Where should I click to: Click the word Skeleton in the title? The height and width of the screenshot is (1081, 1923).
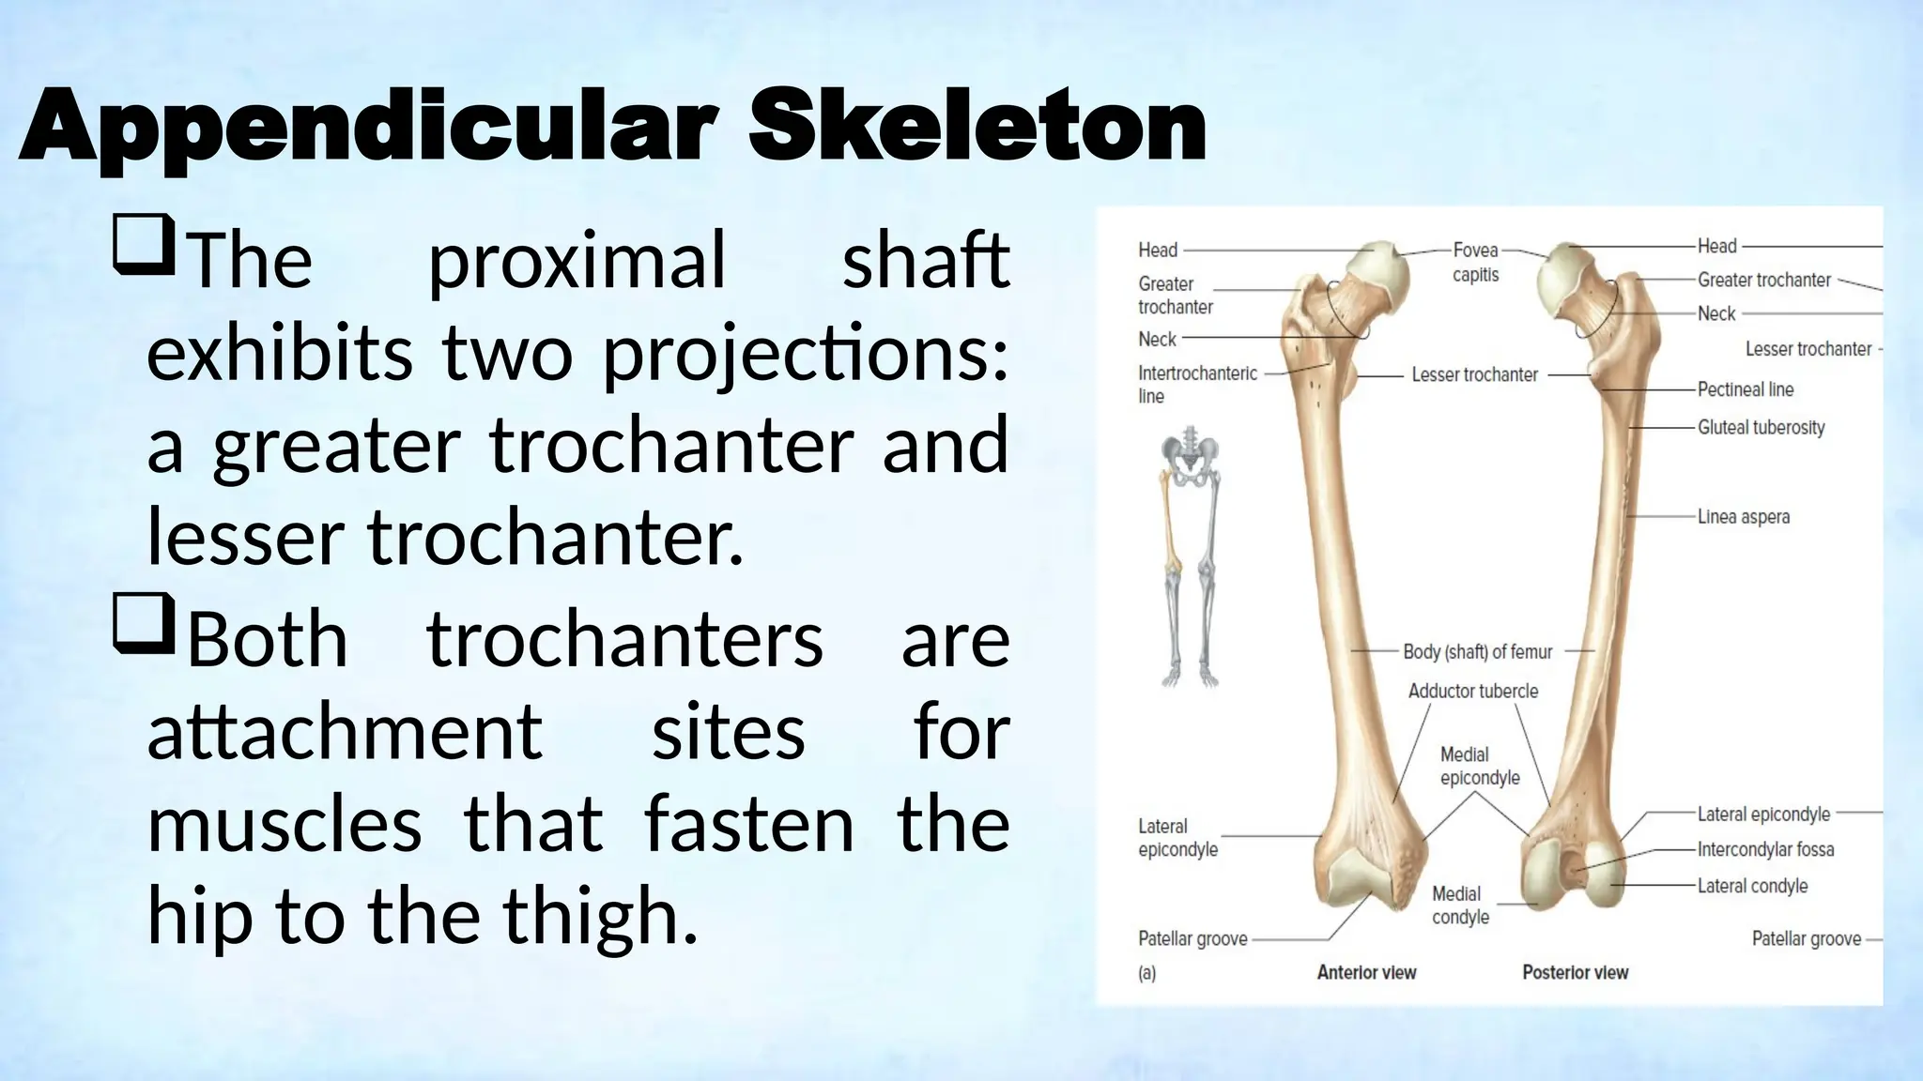(977, 127)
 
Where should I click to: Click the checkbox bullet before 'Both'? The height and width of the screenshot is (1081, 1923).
(144, 623)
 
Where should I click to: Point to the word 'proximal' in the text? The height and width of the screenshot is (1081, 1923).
(577, 261)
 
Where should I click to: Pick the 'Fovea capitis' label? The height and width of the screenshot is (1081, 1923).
(1475, 262)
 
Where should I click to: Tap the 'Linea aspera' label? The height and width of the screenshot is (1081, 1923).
(1743, 517)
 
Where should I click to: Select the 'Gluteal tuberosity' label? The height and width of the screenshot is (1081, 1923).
(1761, 428)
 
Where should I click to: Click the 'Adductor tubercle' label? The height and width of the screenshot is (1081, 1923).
(1472, 692)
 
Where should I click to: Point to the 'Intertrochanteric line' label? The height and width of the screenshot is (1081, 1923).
(1196, 385)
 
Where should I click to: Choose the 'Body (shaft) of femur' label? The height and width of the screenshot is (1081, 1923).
(1477, 651)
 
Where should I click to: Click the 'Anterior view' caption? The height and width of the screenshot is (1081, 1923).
(1366, 973)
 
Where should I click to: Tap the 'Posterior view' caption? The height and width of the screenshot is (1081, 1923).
(1575, 973)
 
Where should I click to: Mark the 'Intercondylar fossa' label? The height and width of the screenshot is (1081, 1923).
(1765, 850)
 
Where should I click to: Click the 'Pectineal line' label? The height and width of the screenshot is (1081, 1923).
(1745, 389)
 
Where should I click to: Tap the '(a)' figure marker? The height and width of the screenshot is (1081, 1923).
(1146, 974)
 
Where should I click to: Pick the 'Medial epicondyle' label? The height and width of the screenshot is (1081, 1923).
(1479, 767)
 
